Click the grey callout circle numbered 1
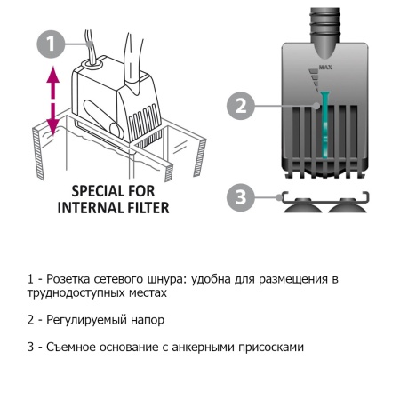point(52,43)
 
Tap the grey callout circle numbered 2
point(239,106)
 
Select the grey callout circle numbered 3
point(238,196)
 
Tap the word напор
point(147,319)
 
